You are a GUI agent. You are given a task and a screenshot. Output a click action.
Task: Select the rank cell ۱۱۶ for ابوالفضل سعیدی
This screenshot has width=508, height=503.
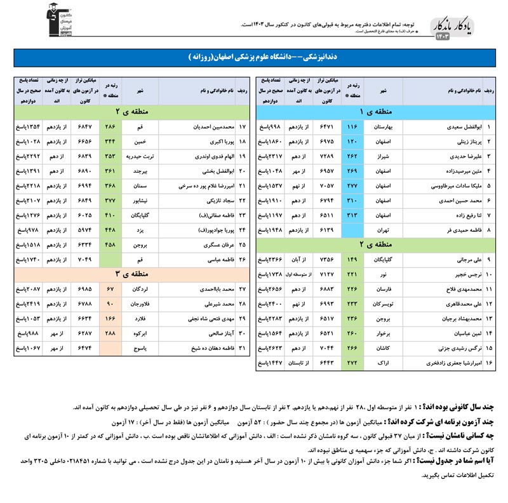point(353,127)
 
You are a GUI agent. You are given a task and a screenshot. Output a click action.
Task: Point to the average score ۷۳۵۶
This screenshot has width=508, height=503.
point(326,260)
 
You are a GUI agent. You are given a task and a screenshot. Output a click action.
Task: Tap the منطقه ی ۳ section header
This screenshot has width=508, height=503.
point(126,274)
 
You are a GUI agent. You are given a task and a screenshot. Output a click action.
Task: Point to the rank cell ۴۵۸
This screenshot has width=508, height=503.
point(110,245)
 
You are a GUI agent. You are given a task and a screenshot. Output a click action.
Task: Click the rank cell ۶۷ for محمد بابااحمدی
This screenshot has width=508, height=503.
point(110,290)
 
